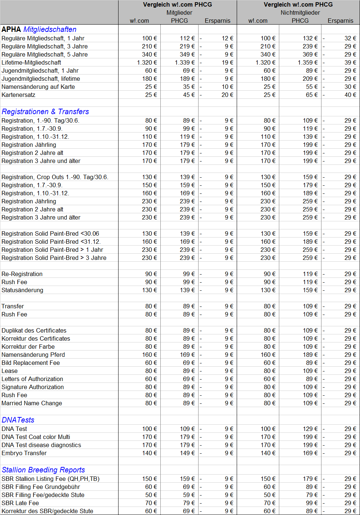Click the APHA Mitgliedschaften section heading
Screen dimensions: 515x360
click(39, 29)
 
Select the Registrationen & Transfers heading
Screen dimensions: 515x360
click(45, 112)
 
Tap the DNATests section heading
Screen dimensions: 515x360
click(18, 420)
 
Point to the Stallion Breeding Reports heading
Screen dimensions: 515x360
click(43, 470)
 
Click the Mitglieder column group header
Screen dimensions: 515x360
click(179, 12)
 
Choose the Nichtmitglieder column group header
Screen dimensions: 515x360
click(300, 12)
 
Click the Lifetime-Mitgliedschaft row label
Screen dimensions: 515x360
click(31, 62)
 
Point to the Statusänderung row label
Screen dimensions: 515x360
click(22, 290)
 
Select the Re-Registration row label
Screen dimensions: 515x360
click(22, 274)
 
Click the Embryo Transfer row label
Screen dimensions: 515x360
click(24, 453)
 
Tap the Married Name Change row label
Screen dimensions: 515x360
click(32, 403)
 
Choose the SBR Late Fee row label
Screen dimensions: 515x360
click(20, 503)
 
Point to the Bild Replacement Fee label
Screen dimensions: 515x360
click(31, 363)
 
